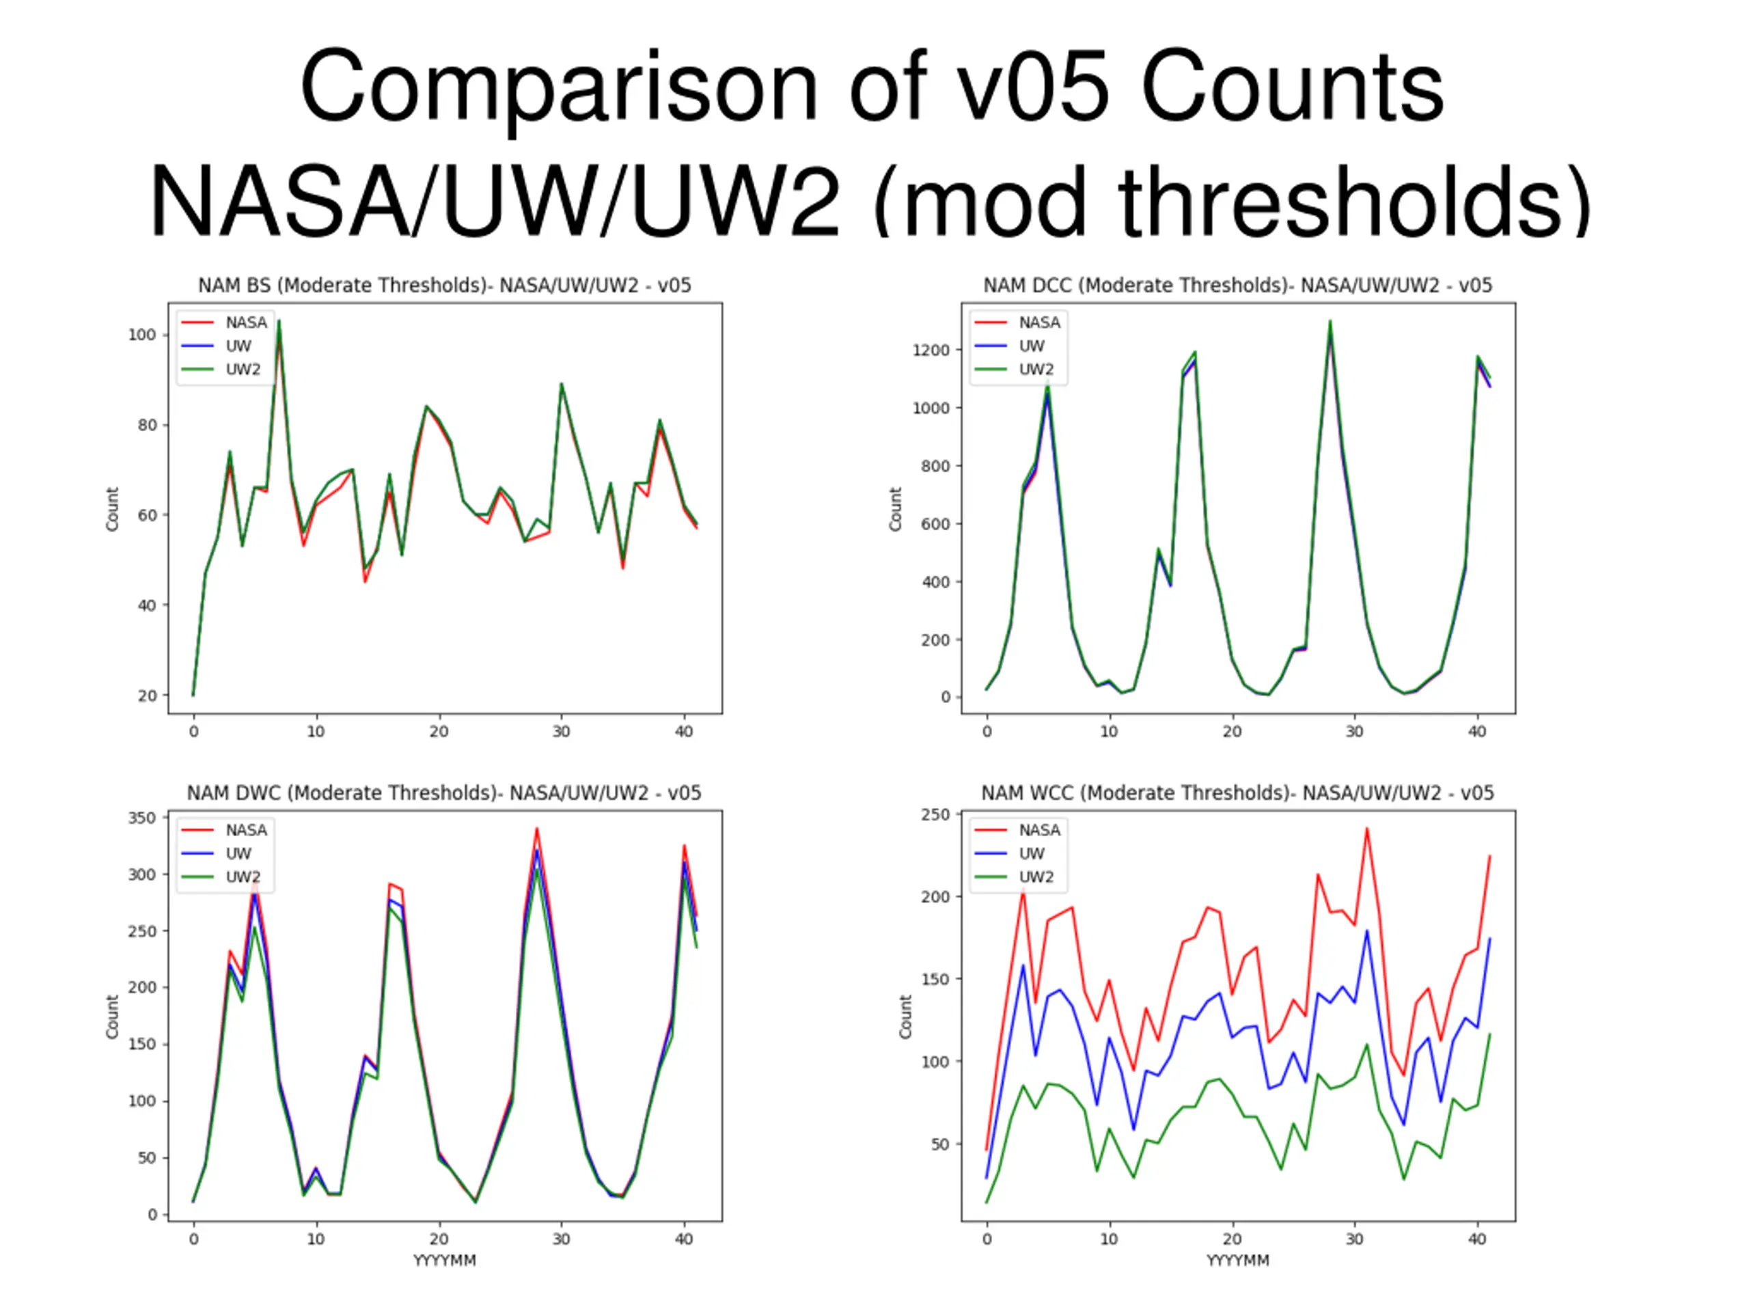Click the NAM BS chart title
pos(444,286)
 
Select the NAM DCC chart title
pos(1237,286)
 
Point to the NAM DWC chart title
pos(443,793)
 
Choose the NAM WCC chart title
pos(1237,793)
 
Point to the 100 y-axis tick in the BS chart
pos(142,335)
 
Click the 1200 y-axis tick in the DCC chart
pos(931,350)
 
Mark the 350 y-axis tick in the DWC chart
pos(142,818)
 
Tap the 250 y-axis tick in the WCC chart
pos(935,815)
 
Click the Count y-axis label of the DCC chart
pos(895,509)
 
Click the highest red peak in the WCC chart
pos(1366,829)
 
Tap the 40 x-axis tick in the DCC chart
pos(1477,732)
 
